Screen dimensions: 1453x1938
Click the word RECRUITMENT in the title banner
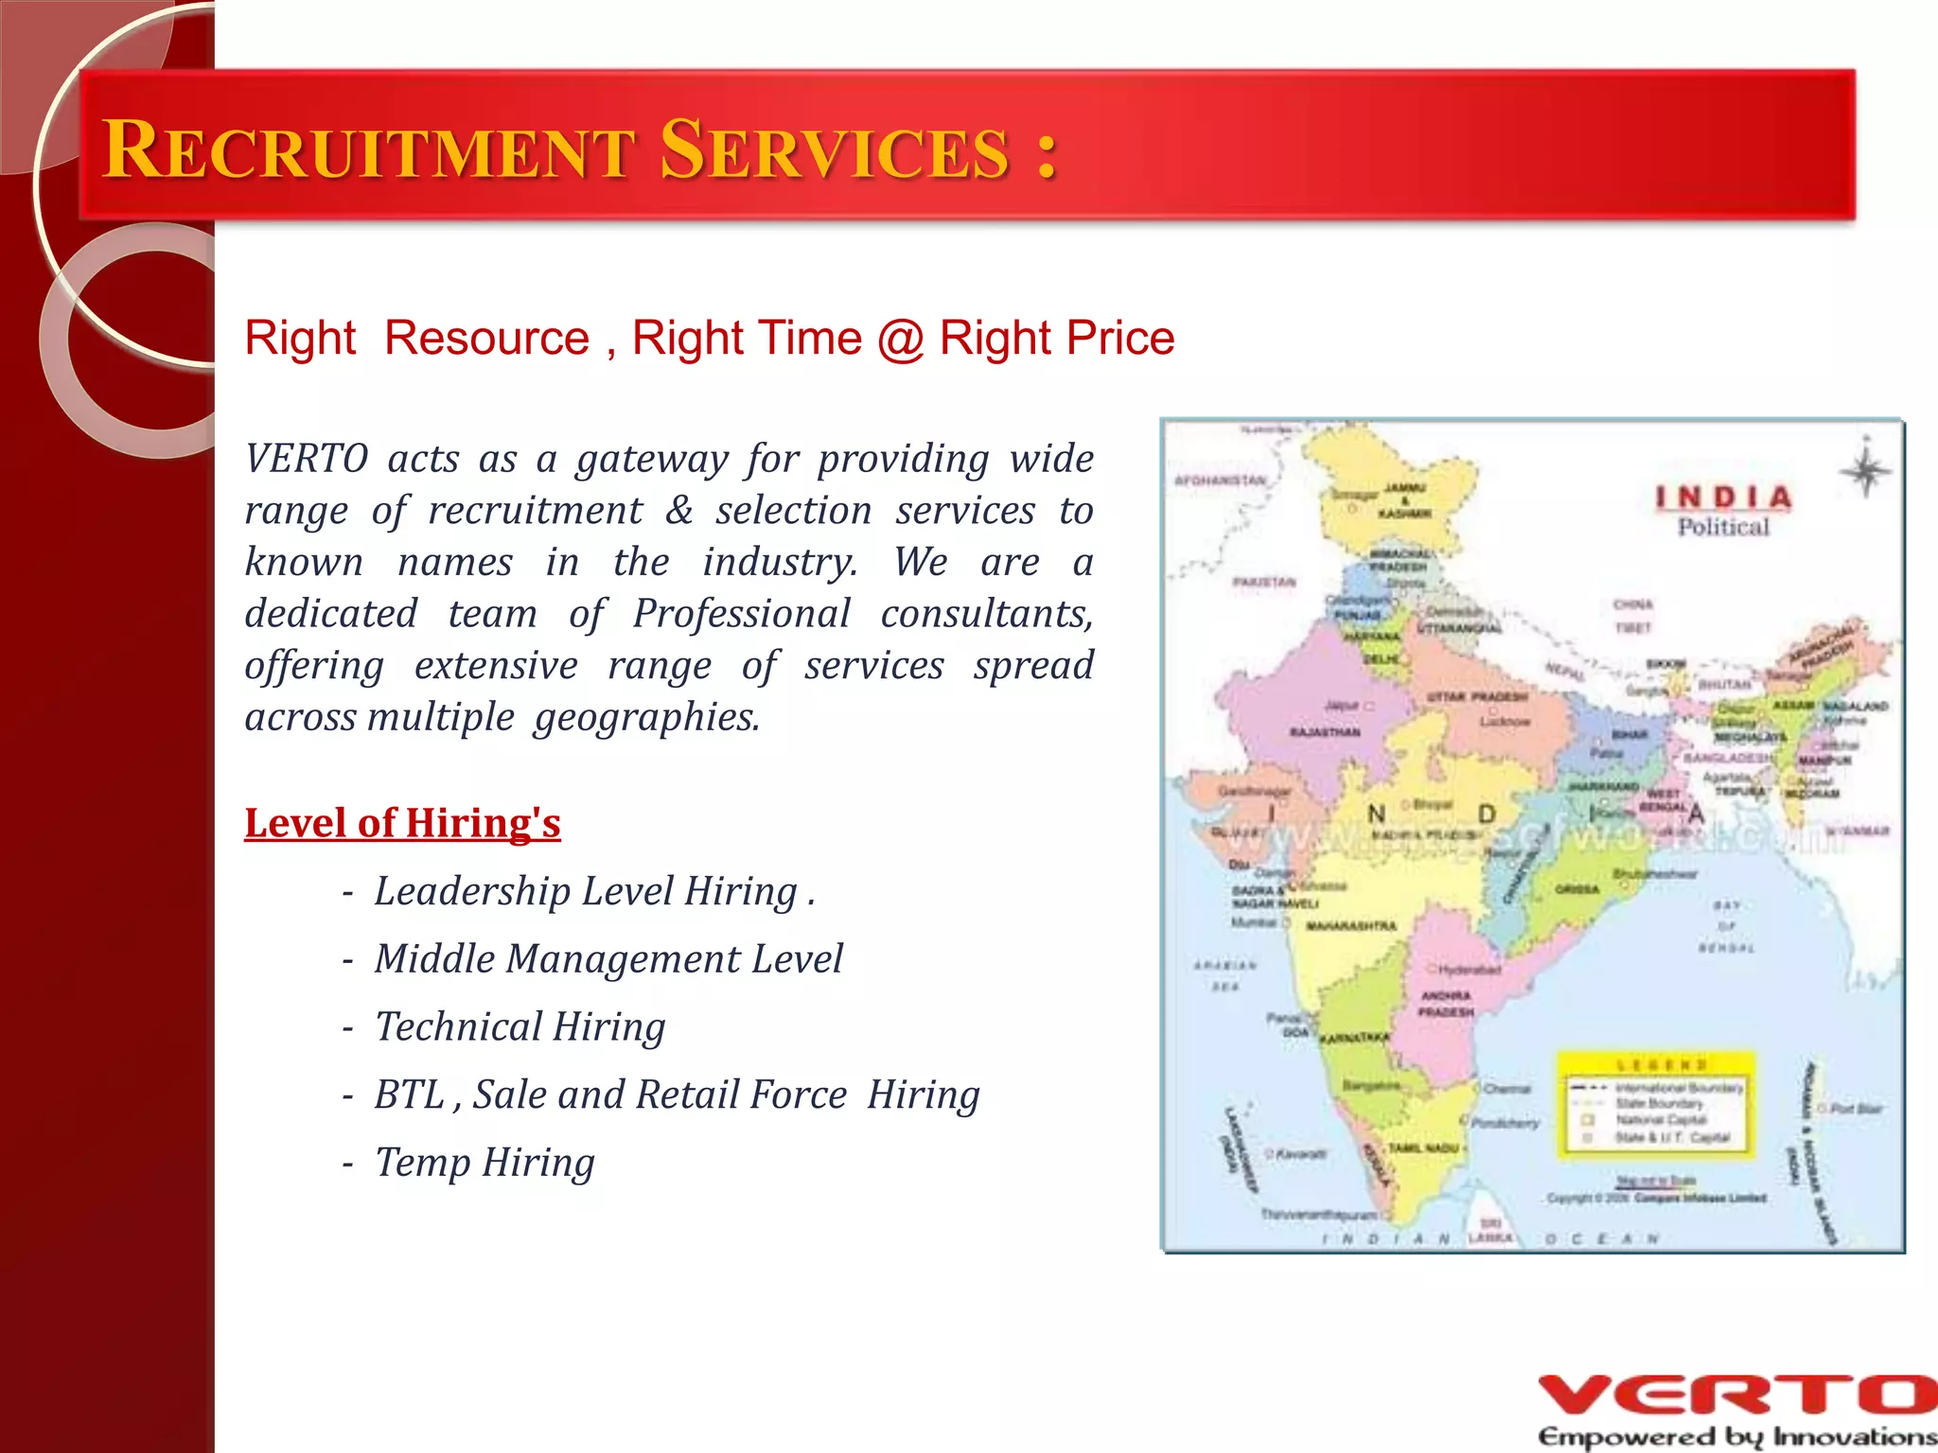pyautogui.click(x=369, y=150)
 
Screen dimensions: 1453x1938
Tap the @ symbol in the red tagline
pyautogui.click(x=900, y=339)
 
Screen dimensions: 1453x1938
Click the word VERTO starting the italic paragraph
pyautogui.click(x=306, y=459)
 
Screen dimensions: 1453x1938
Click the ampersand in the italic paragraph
pyautogui.click(x=678, y=511)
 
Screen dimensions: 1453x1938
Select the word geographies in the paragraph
pyautogui.click(x=646, y=718)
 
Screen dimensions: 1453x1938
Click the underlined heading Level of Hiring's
pyautogui.click(x=402, y=823)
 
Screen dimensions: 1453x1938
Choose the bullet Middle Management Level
pyautogui.click(x=608, y=959)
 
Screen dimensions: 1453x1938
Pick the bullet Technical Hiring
pyautogui.click(x=520, y=1027)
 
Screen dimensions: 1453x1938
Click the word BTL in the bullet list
pyautogui.click(x=409, y=1094)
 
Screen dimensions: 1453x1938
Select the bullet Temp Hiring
pyautogui.click(x=484, y=1163)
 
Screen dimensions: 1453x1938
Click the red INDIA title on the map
pyautogui.click(x=1723, y=498)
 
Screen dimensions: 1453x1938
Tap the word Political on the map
pyautogui.click(x=1723, y=528)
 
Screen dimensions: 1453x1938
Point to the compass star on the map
pyautogui.click(x=1865, y=470)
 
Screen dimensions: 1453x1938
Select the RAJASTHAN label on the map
pyautogui.click(x=1325, y=732)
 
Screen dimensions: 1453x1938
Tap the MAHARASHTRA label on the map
pyautogui.click(x=1350, y=926)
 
